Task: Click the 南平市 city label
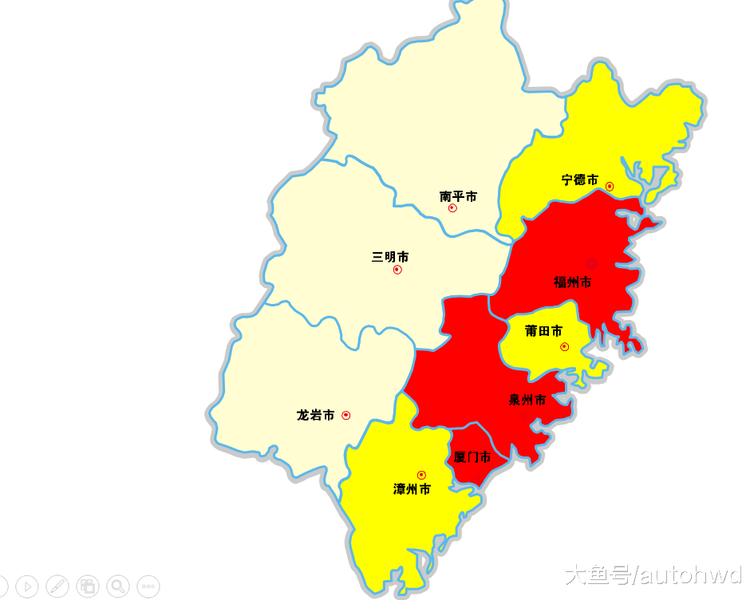tap(458, 196)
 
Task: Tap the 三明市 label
tap(390, 257)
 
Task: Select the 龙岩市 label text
tap(315, 415)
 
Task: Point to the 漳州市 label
tap(412, 489)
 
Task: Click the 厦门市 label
tap(472, 457)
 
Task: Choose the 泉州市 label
tap(527, 400)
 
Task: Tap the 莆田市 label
tap(543, 331)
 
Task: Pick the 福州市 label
tap(573, 282)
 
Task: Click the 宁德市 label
tap(579, 180)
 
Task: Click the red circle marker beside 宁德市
tap(610, 187)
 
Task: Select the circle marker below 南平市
tap(452, 208)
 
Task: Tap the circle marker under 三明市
tap(397, 270)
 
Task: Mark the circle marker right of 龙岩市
tap(345, 415)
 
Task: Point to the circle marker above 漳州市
tap(421, 476)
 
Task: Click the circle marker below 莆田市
tap(564, 346)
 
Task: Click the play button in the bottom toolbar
tap(26, 586)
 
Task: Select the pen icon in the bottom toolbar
tap(57, 586)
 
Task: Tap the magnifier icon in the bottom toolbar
tap(118, 586)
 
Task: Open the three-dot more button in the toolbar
tap(148, 586)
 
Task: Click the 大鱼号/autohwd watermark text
tap(653, 575)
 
